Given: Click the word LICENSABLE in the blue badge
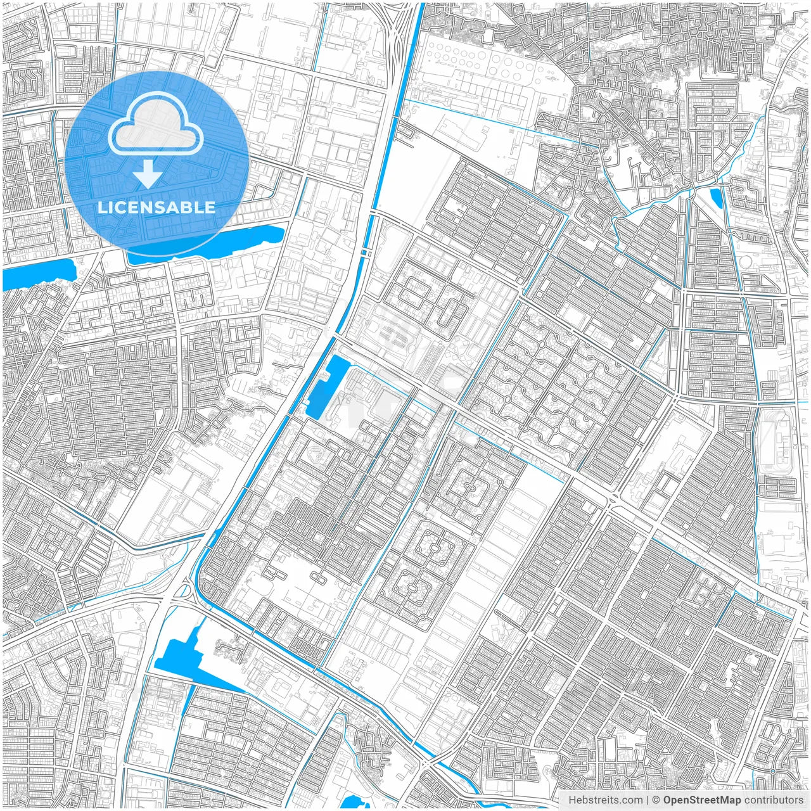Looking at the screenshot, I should pos(156,207).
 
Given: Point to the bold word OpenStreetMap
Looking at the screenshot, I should pos(701,800).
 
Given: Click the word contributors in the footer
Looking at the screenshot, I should pos(774,800).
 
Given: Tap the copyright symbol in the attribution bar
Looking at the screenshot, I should pos(656,800).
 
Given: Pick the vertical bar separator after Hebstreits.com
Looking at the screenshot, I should pos(648,800).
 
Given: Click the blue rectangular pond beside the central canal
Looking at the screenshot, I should pos(326,387).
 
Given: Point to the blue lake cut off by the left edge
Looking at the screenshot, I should pos(38,272).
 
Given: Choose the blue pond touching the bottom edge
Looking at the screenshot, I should pos(350,802).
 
